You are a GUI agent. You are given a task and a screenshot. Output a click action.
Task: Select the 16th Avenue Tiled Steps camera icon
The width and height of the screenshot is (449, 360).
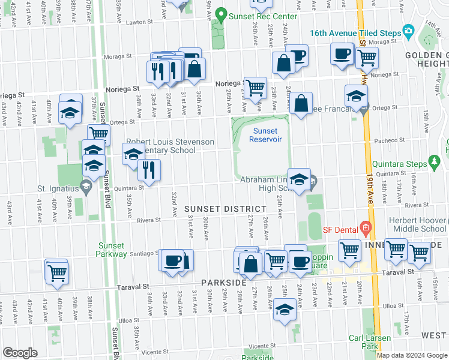409,31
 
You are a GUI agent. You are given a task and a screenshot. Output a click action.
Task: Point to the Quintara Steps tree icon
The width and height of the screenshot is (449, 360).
435,163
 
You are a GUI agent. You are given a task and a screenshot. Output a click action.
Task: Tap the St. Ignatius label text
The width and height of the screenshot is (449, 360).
58,188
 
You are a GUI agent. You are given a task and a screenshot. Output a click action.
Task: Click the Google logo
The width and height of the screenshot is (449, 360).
20,353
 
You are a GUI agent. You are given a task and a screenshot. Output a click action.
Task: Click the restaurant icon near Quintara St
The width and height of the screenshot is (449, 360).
149,170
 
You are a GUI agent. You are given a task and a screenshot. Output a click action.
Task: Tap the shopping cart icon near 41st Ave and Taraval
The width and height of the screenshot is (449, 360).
56,272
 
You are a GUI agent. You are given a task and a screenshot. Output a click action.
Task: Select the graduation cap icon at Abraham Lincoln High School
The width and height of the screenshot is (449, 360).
299,179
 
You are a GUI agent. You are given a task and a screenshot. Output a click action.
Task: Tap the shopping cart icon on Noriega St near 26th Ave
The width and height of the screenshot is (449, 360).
256,87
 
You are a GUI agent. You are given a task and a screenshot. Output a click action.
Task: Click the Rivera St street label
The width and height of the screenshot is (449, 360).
149,220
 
